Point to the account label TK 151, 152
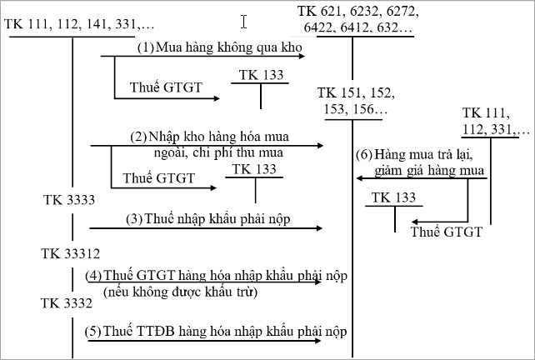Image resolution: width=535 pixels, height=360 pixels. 355,92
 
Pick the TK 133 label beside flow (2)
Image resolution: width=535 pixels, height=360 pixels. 254,169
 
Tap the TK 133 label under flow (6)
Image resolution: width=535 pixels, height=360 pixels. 394,197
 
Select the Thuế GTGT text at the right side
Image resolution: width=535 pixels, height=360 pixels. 447,232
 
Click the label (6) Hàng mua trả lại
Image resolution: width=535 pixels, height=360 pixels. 421,155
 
